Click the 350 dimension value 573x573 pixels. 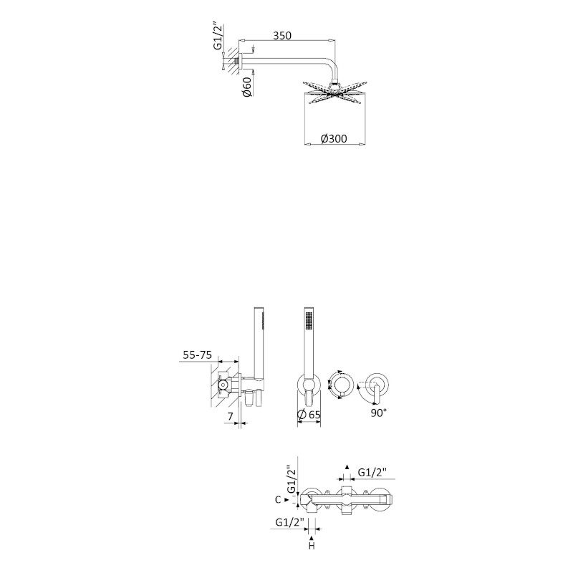282,35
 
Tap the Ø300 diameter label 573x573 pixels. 334,139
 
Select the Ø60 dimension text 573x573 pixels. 247,87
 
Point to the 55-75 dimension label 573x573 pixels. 198,355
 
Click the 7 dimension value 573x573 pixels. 230,416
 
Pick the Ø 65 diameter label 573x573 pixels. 309,415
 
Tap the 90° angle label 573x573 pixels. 379,413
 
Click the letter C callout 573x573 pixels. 278,499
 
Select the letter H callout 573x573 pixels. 312,546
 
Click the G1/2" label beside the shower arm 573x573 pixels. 218,37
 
